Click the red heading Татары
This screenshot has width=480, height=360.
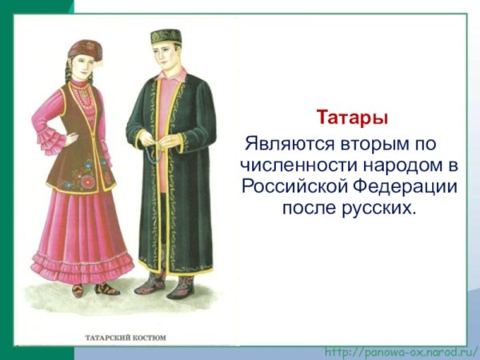[352, 118]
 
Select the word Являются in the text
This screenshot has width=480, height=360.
[282, 146]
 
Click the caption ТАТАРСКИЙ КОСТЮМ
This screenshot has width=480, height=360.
[126, 338]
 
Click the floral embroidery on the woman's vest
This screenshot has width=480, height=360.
[82, 175]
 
